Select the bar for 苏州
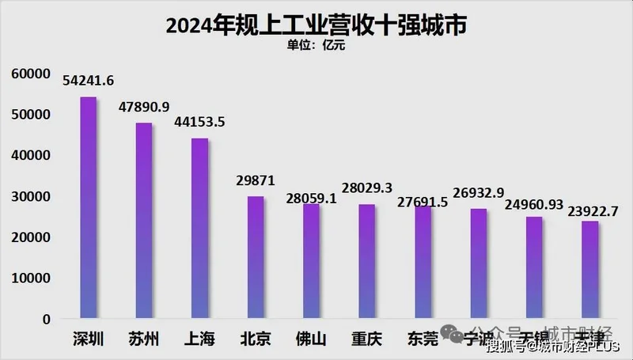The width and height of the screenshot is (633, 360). pyautogui.click(x=143, y=222)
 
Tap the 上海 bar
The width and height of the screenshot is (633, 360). pyautogui.click(x=199, y=229)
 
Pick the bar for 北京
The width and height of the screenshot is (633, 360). pyautogui.click(x=255, y=258)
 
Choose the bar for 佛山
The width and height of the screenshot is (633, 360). pyautogui.click(x=311, y=262)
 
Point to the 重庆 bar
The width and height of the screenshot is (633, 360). pyautogui.click(x=366, y=262)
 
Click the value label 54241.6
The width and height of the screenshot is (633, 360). pyautogui.click(x=89, y=79)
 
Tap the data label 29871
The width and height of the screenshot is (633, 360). pyautogui.click(x=256, y=180)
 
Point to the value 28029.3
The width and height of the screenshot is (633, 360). pyautogui.click(x=366, y=188)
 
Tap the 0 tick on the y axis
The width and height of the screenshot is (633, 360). pyautogui.click(x=47, y=319)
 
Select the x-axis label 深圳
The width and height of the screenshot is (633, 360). pyautogui.click(x=88, y=339)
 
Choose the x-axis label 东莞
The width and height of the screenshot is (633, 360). pyautogui.click(x=422, y=339)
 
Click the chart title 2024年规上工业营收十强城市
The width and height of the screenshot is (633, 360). pyautogui.click(x=316, y=25)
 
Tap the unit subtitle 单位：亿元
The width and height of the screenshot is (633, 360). pyautogui.click(x=316, y=45)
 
